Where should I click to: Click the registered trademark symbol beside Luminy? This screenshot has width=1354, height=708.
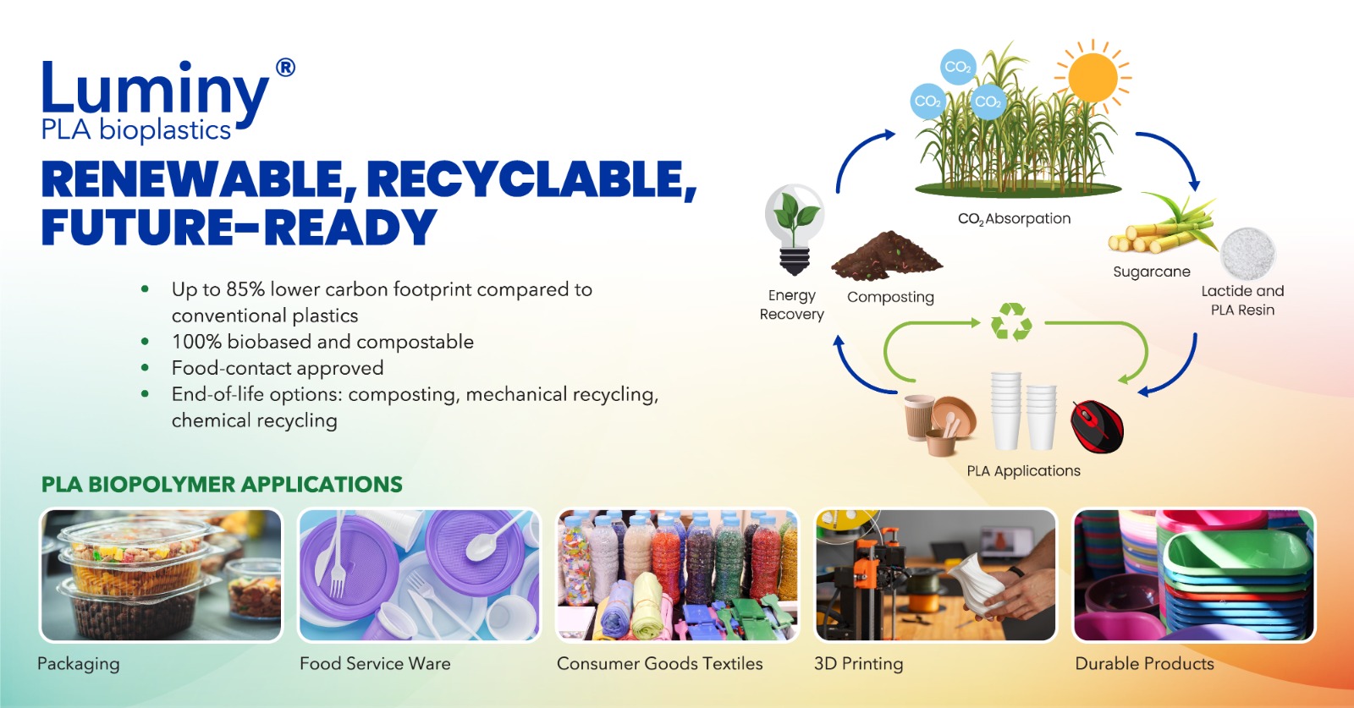pyautogui.click(x=285, y=68)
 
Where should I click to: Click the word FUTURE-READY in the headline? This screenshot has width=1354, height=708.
pyautogui.click(x=239, y=228)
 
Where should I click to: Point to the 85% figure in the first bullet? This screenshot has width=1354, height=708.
pyautogui.click(x=245, y=289)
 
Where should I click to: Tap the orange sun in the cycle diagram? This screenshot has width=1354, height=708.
pyautogui.click(x=1093, y=77)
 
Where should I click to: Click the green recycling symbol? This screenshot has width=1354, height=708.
pyautogui.click(x=1011, y=322)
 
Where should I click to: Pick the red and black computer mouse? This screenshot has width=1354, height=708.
pyautogui.click(x=1097, y=426)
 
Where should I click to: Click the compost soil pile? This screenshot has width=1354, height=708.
pyautogui.click(x=886, y=256)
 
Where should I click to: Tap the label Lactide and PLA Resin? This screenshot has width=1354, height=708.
pyautogui.click(x=1243, y=300)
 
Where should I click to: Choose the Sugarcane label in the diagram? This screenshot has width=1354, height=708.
pyautogui.click(x=1152, y=272)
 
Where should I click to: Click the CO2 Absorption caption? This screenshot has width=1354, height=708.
pyautogui.click(x=1015, y=219)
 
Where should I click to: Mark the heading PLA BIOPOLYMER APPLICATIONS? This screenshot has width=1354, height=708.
pyautogui.click(x=222, y=485)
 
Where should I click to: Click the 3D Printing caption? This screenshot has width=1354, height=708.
pyautogui.click(x=858, y=664)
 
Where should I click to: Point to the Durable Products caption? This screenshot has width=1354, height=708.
pyautogui.click(x=1144, y=663)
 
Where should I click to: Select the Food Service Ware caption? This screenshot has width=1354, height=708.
pyautogui.click(x=376, y=663)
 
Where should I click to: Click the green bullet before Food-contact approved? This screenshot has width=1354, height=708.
pyautogui.click(x=145, y=367)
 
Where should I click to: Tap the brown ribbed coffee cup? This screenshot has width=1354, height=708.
pyautogui.click(x=919, y=417)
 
